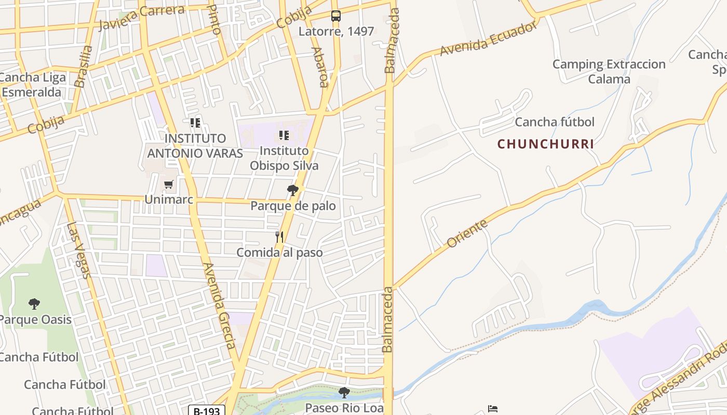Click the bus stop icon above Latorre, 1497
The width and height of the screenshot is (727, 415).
pos(336,16)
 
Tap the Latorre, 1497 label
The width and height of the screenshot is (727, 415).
pos(336,31)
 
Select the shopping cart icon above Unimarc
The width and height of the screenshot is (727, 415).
pos(168,184)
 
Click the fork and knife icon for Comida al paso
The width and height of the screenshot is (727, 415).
pos(279,237)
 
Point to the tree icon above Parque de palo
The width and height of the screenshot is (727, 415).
pos(293,190)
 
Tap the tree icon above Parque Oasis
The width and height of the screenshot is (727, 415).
pos(34,303)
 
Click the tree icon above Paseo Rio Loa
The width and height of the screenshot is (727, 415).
pos(344,393)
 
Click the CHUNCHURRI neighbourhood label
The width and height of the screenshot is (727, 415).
pos(545,144)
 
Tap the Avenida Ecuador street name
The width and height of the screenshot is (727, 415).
pos(488,39)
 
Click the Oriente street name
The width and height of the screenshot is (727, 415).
pos(467,233)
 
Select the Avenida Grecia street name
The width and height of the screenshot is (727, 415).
pos(220,306)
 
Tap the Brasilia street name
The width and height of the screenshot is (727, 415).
pos(83,66)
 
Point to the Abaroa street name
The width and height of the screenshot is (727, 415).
pos(320,67)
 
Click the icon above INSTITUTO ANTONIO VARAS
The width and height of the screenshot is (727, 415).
pos(195,123)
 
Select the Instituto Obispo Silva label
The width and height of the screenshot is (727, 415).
pos(284,158)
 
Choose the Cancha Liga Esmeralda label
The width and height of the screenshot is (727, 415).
pos(32,85)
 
